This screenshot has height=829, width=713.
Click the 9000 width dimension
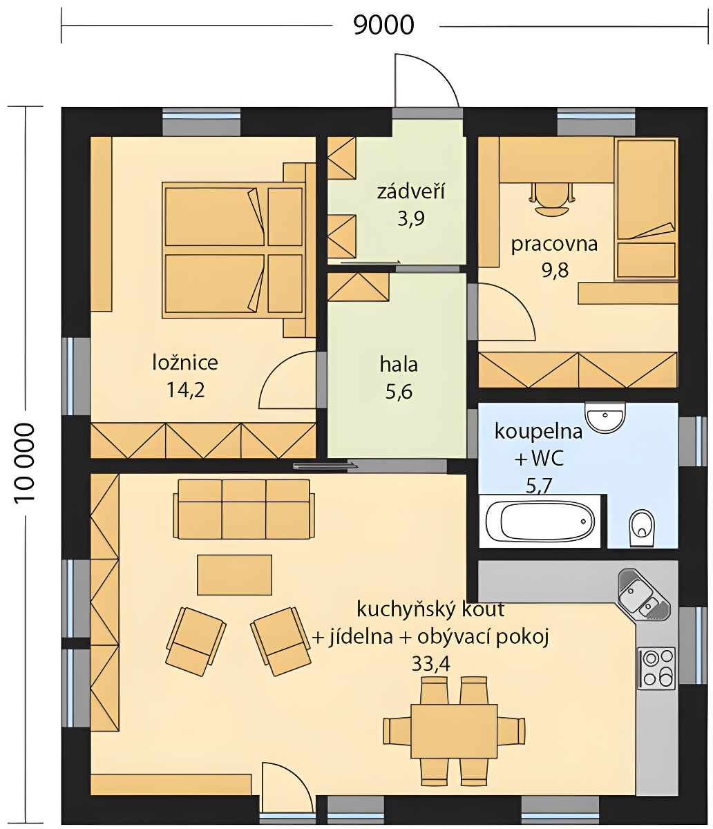(x=383, y=25)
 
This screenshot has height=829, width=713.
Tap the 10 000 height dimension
(x=25, y=462)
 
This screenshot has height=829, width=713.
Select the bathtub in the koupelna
(x=540, y=522)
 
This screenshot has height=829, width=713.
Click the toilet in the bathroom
(x=642, y=528)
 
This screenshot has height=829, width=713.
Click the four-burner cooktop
(x=657, y=668)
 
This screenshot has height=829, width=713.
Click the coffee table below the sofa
(x=234, y=575)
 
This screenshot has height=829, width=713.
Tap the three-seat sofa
(x=244, y=509)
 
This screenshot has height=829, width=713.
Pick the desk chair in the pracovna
(x=552, y=198)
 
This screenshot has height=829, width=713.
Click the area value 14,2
(x=186, y=390)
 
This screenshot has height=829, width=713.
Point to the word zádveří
(x=411, y=192)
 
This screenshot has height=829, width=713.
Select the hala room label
(x=399, y=365)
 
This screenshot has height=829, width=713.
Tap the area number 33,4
(x=430, y=664)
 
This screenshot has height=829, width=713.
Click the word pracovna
(x=554, y=245)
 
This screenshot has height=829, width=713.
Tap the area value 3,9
(x=411, y=218)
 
